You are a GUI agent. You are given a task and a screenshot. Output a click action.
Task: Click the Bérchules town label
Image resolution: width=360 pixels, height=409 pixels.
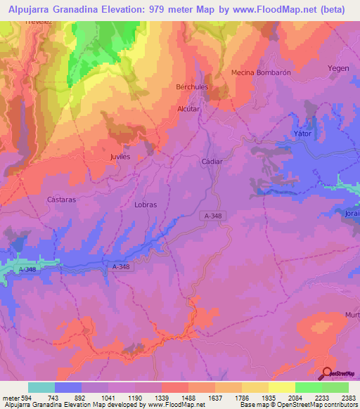click(192, 86)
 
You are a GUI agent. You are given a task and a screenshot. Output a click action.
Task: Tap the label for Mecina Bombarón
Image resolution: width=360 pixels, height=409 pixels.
click(261, 72)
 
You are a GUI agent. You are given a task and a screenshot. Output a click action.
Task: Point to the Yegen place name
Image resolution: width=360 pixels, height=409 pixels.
click(337, 68)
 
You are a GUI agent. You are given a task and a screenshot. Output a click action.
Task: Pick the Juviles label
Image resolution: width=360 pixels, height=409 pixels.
click(121, 157)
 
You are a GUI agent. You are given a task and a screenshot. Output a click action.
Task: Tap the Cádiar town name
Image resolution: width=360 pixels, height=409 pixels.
click(212, 161)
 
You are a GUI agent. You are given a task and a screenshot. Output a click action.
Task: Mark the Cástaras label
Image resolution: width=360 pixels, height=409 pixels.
click(61, 199)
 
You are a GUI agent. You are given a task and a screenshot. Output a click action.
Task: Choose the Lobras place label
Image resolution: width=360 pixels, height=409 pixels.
click(145, 204)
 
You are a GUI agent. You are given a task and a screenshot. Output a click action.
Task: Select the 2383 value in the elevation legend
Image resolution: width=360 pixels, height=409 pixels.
click(348, 398)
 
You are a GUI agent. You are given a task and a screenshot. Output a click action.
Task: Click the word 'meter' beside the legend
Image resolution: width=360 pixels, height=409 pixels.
click(9, 398)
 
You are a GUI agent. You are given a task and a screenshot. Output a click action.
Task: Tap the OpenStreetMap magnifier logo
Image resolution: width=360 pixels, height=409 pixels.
click(326, 374)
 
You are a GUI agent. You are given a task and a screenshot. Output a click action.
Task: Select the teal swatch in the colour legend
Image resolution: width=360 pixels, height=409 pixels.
click(41, 387)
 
